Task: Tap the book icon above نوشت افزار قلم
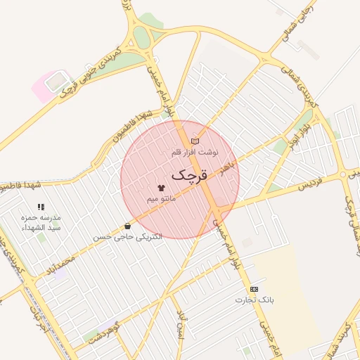tap(195, 141)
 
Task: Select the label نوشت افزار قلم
tap(195, 152)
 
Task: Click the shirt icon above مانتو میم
tap(161, 188)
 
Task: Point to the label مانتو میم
tap(161, 200)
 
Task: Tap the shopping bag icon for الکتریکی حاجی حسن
tap(127, 226)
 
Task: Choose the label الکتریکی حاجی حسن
tap(127, 237)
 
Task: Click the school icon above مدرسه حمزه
tap(41, 207)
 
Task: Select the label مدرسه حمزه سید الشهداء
tap(41, 223)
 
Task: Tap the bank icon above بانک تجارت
tap(253, 290)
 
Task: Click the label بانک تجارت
tap(253, 300)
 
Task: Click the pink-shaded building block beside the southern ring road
tap(51, 84)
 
